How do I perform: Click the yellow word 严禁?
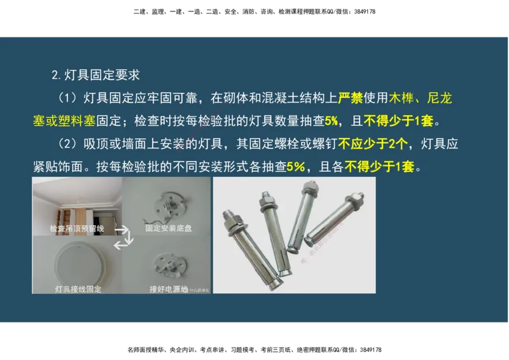coord(350,98)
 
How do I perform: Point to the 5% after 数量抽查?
coord(332,121)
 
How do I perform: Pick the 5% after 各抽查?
coord(296,167)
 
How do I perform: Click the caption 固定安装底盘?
coord(168,228)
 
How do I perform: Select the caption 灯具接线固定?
coord(78,289)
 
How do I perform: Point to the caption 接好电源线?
coord(169,289)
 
